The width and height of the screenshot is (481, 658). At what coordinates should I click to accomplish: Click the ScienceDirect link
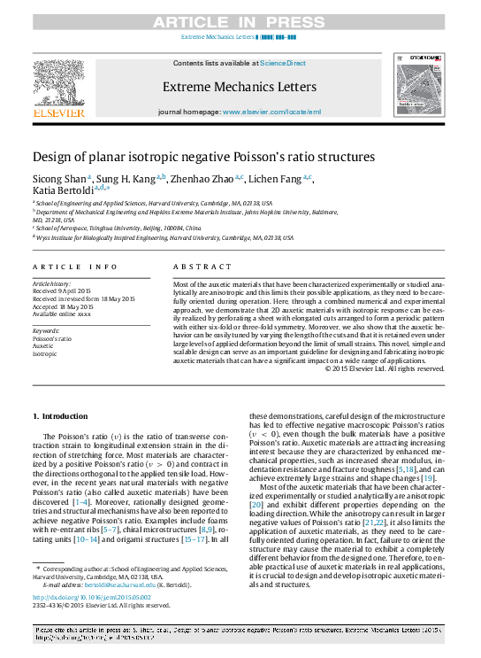pyautogui.click(x=283, y=63)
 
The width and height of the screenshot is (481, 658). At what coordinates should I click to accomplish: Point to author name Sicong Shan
pyautogui.click(x=59, y=179)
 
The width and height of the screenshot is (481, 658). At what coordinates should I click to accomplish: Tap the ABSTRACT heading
pyautogui.click(x=196, y=267)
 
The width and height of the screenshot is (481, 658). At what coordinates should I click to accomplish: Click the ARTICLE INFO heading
pyautogui.click(x=75, y=267)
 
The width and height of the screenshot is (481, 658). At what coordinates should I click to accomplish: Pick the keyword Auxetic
pyautogui.click(x=43, y=346)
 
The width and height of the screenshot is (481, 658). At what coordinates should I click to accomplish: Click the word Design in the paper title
pyautogui.click(x=52, y=157)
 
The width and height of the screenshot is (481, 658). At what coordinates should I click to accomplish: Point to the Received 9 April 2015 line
pyautogui.click(x=62, y=290)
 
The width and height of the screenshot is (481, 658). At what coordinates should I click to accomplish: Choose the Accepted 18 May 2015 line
pyautogui.click(x=62, y=305)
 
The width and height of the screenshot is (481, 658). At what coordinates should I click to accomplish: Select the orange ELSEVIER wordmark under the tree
pyautogui.click(x=57, y=112)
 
